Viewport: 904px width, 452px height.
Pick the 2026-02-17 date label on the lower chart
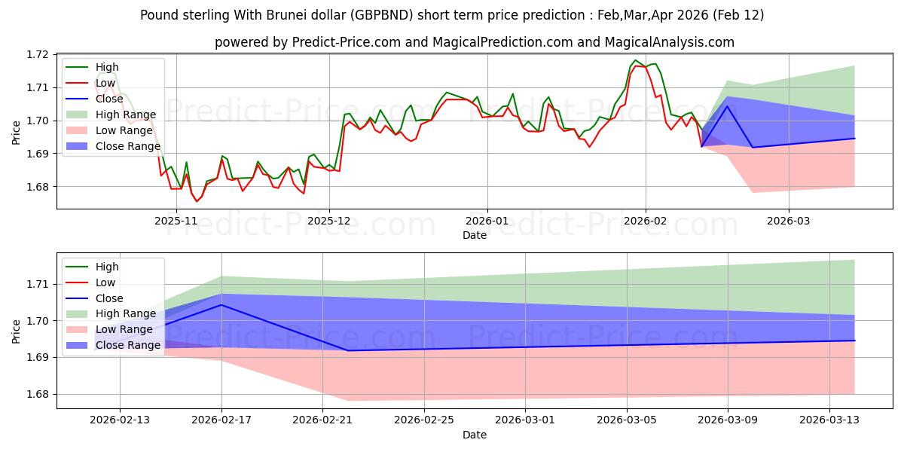pyautogui.click(x=221, y=420)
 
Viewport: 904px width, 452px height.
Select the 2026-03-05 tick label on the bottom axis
pyautogui.click(x=627, y=420)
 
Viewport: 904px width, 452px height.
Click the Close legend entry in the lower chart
pyautogui.click(x=109, y=298)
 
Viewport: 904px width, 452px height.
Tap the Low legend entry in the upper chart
pyautogui.click(x=106, y=83)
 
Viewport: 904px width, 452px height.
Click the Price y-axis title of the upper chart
pyautogui.click(x=17, y=133)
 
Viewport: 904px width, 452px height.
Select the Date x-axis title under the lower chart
pyautogui.click(x=475, y=435)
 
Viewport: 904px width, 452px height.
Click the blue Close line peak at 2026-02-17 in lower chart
pyautogui.click(x=221, y=305)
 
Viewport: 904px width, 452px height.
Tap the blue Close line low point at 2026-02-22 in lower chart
pyautogui.click(x=348, y=350)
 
